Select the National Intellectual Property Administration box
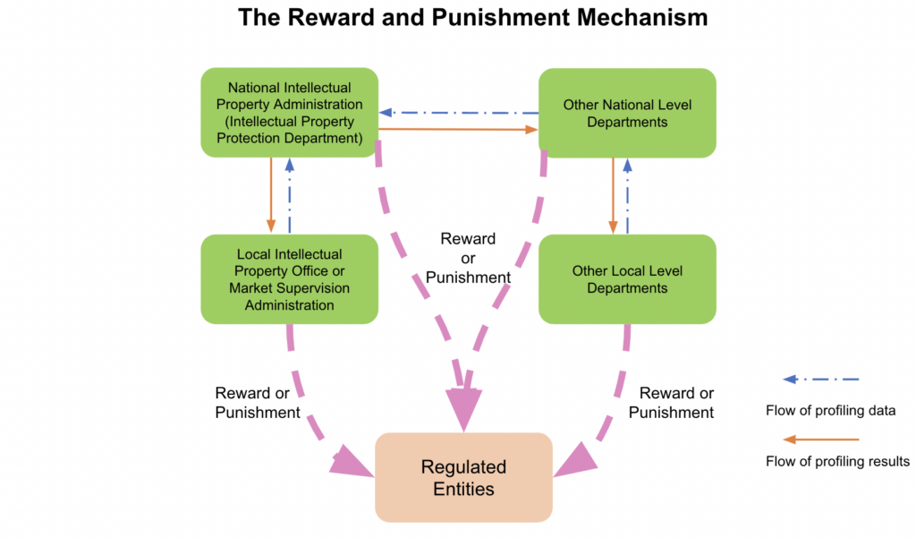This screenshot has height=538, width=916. click(x=289, y=113)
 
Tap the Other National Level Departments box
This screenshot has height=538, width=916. click(x=627, y=113)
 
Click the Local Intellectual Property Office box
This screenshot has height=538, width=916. click(x=289, y=278)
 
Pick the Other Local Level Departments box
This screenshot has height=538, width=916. click(x=627, y=278)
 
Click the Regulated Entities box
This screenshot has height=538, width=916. click(x=463, y=477)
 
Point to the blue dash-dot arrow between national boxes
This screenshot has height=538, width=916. click(x=458, y=113)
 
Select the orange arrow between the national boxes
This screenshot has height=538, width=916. click(x=458, y=130)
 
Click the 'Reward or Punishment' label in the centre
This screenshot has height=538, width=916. click(x=468, y=258)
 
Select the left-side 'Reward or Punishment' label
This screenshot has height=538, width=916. click(x=258, y=403)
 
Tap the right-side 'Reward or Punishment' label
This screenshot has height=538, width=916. click(x=671, y=403)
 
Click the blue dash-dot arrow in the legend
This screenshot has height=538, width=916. click(x=820, y=380)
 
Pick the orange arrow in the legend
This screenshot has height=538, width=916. click(x=820, y=440)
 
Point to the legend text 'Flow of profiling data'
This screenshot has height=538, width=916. click(x=830, y=411)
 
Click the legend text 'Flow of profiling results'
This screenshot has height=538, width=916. click(x=837, y=462)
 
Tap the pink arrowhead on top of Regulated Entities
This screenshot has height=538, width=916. click(x=464, y=413)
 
